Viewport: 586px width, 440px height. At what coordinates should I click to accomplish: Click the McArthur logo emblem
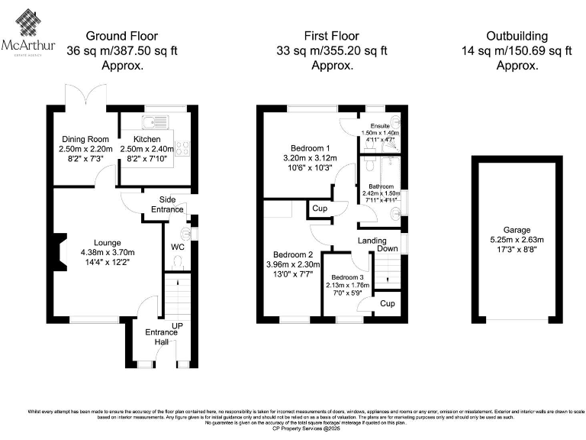[28, 23]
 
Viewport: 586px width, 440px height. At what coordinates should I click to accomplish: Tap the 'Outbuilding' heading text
[518, 36]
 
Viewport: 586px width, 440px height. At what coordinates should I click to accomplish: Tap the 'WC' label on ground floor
[175, 247]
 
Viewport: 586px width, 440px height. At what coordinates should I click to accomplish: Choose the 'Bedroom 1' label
[311, 149]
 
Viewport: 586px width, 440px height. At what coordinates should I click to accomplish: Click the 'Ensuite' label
[380, 125]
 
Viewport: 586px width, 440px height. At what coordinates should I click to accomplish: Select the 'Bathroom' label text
[381, 186]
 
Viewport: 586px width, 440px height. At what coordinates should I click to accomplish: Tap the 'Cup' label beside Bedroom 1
[319, 209]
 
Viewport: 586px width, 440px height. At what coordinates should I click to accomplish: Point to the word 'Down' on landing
[388, 248]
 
